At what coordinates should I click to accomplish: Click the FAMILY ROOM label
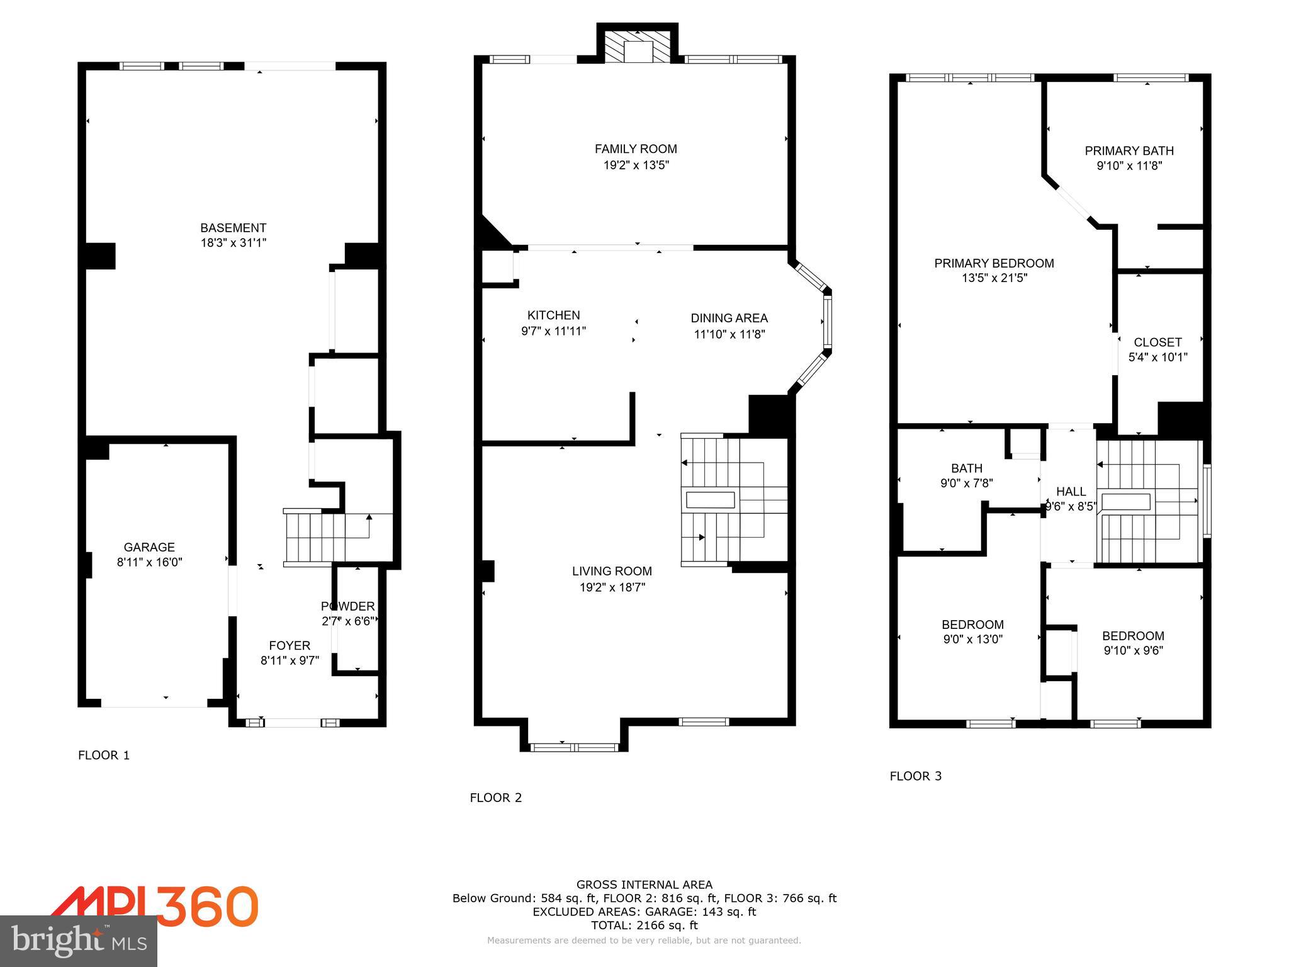(x=636, y=149)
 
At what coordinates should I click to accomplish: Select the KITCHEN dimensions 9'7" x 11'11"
(x=553, y=331)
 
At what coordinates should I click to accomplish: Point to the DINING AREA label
(x=729, y=319)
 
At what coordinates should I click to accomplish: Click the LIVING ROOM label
(x=611, y=571)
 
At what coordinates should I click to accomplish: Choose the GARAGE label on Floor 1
(x=149, y=547)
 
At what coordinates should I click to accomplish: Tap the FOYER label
(x=290, y=645)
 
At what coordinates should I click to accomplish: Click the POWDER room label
(x=347, y=606)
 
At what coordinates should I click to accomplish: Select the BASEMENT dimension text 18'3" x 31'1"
(x=234, y=243)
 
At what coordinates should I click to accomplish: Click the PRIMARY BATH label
(x=1129, y=151)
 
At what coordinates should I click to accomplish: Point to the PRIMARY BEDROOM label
(x=994, y=263)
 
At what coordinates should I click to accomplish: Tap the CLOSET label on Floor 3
(x=1157, y=342)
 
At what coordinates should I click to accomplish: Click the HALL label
(x=1071, y=492)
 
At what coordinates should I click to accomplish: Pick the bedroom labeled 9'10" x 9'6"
(x=1133, y=643)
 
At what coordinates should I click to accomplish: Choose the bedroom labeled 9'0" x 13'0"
(x=972, y=632)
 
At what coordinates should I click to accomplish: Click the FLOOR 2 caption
(x=495, y=798)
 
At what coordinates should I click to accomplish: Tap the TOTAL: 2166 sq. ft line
(x=644, y=925)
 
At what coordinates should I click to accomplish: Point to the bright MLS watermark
(x=79, y=941)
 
